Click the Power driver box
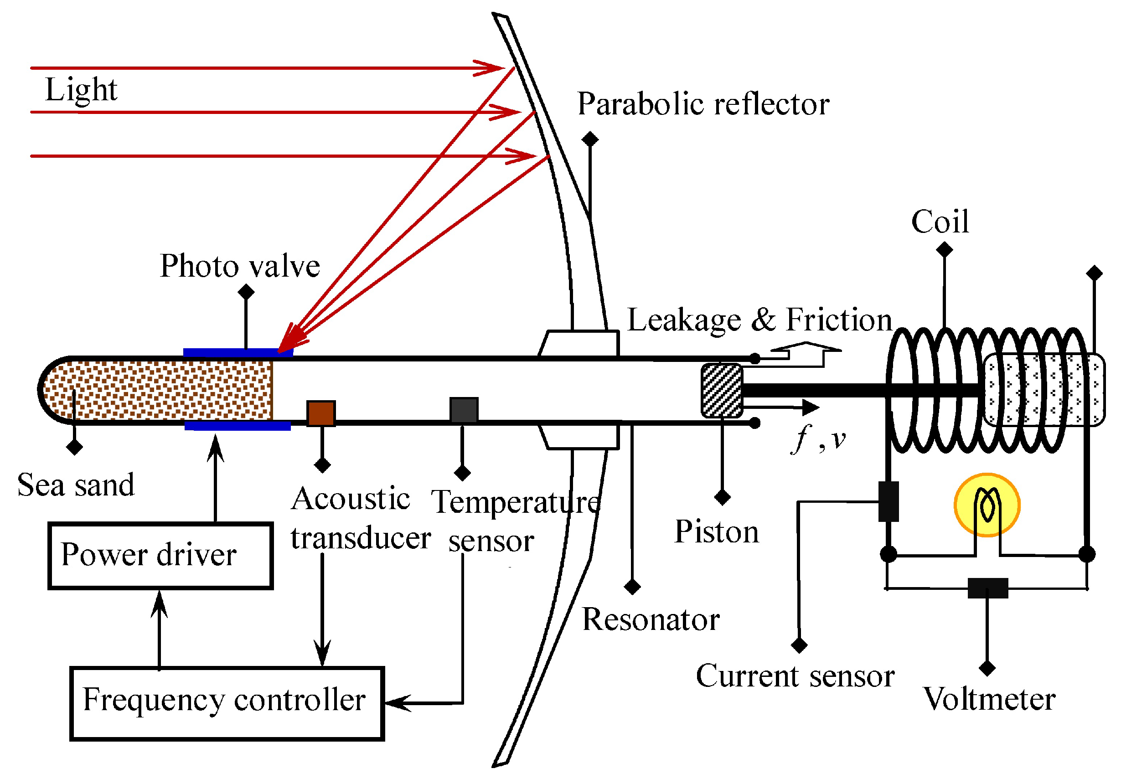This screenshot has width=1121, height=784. click(160, 556)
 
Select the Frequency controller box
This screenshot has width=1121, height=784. click(227, 702)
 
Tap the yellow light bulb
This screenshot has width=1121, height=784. click(987, 504)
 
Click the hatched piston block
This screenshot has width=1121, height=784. click(722, 391)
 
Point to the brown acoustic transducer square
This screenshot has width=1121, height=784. click(321, 413)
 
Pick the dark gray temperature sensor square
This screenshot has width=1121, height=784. click(463, 410)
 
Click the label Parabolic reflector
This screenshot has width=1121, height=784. click(703, 104)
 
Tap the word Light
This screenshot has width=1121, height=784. click(81, 89)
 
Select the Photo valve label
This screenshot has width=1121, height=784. click(240, 266)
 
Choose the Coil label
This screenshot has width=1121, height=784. click(940, 222)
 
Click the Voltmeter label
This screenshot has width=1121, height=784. click(989, 699)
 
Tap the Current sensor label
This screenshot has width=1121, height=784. click(795, 676)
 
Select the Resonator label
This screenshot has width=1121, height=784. click(651, 620)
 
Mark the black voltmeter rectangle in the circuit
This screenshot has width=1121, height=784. click(988, 588)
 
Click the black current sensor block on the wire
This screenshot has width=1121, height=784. click(889, 501)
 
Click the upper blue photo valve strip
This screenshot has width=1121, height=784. click(238, 352)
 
